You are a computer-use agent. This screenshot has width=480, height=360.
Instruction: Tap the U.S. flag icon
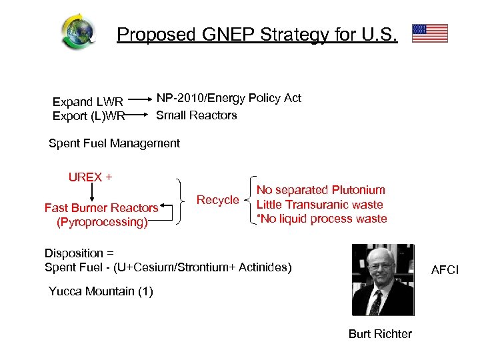429,33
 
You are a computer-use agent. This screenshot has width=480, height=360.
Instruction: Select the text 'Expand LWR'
88,102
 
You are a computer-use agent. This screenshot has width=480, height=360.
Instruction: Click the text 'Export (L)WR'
88,116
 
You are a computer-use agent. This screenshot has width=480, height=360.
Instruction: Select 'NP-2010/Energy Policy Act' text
228,98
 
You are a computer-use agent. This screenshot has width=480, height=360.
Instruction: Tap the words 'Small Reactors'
196,115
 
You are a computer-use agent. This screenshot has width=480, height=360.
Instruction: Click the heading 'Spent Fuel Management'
114,143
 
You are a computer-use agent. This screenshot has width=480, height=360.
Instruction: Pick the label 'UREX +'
90,177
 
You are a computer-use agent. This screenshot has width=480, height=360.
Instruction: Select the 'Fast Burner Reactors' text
101,208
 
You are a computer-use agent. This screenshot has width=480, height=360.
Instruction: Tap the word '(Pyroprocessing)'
102,222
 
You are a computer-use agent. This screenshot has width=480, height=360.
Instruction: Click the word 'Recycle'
217,200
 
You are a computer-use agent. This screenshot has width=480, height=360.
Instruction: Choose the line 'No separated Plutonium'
321,190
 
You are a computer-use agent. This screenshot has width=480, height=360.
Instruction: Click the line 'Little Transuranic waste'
319,205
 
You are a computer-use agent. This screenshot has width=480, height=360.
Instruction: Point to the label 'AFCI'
445,270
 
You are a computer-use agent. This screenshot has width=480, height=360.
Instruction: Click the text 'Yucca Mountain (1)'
101,291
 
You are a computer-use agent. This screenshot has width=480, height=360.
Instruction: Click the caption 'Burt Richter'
380,334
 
